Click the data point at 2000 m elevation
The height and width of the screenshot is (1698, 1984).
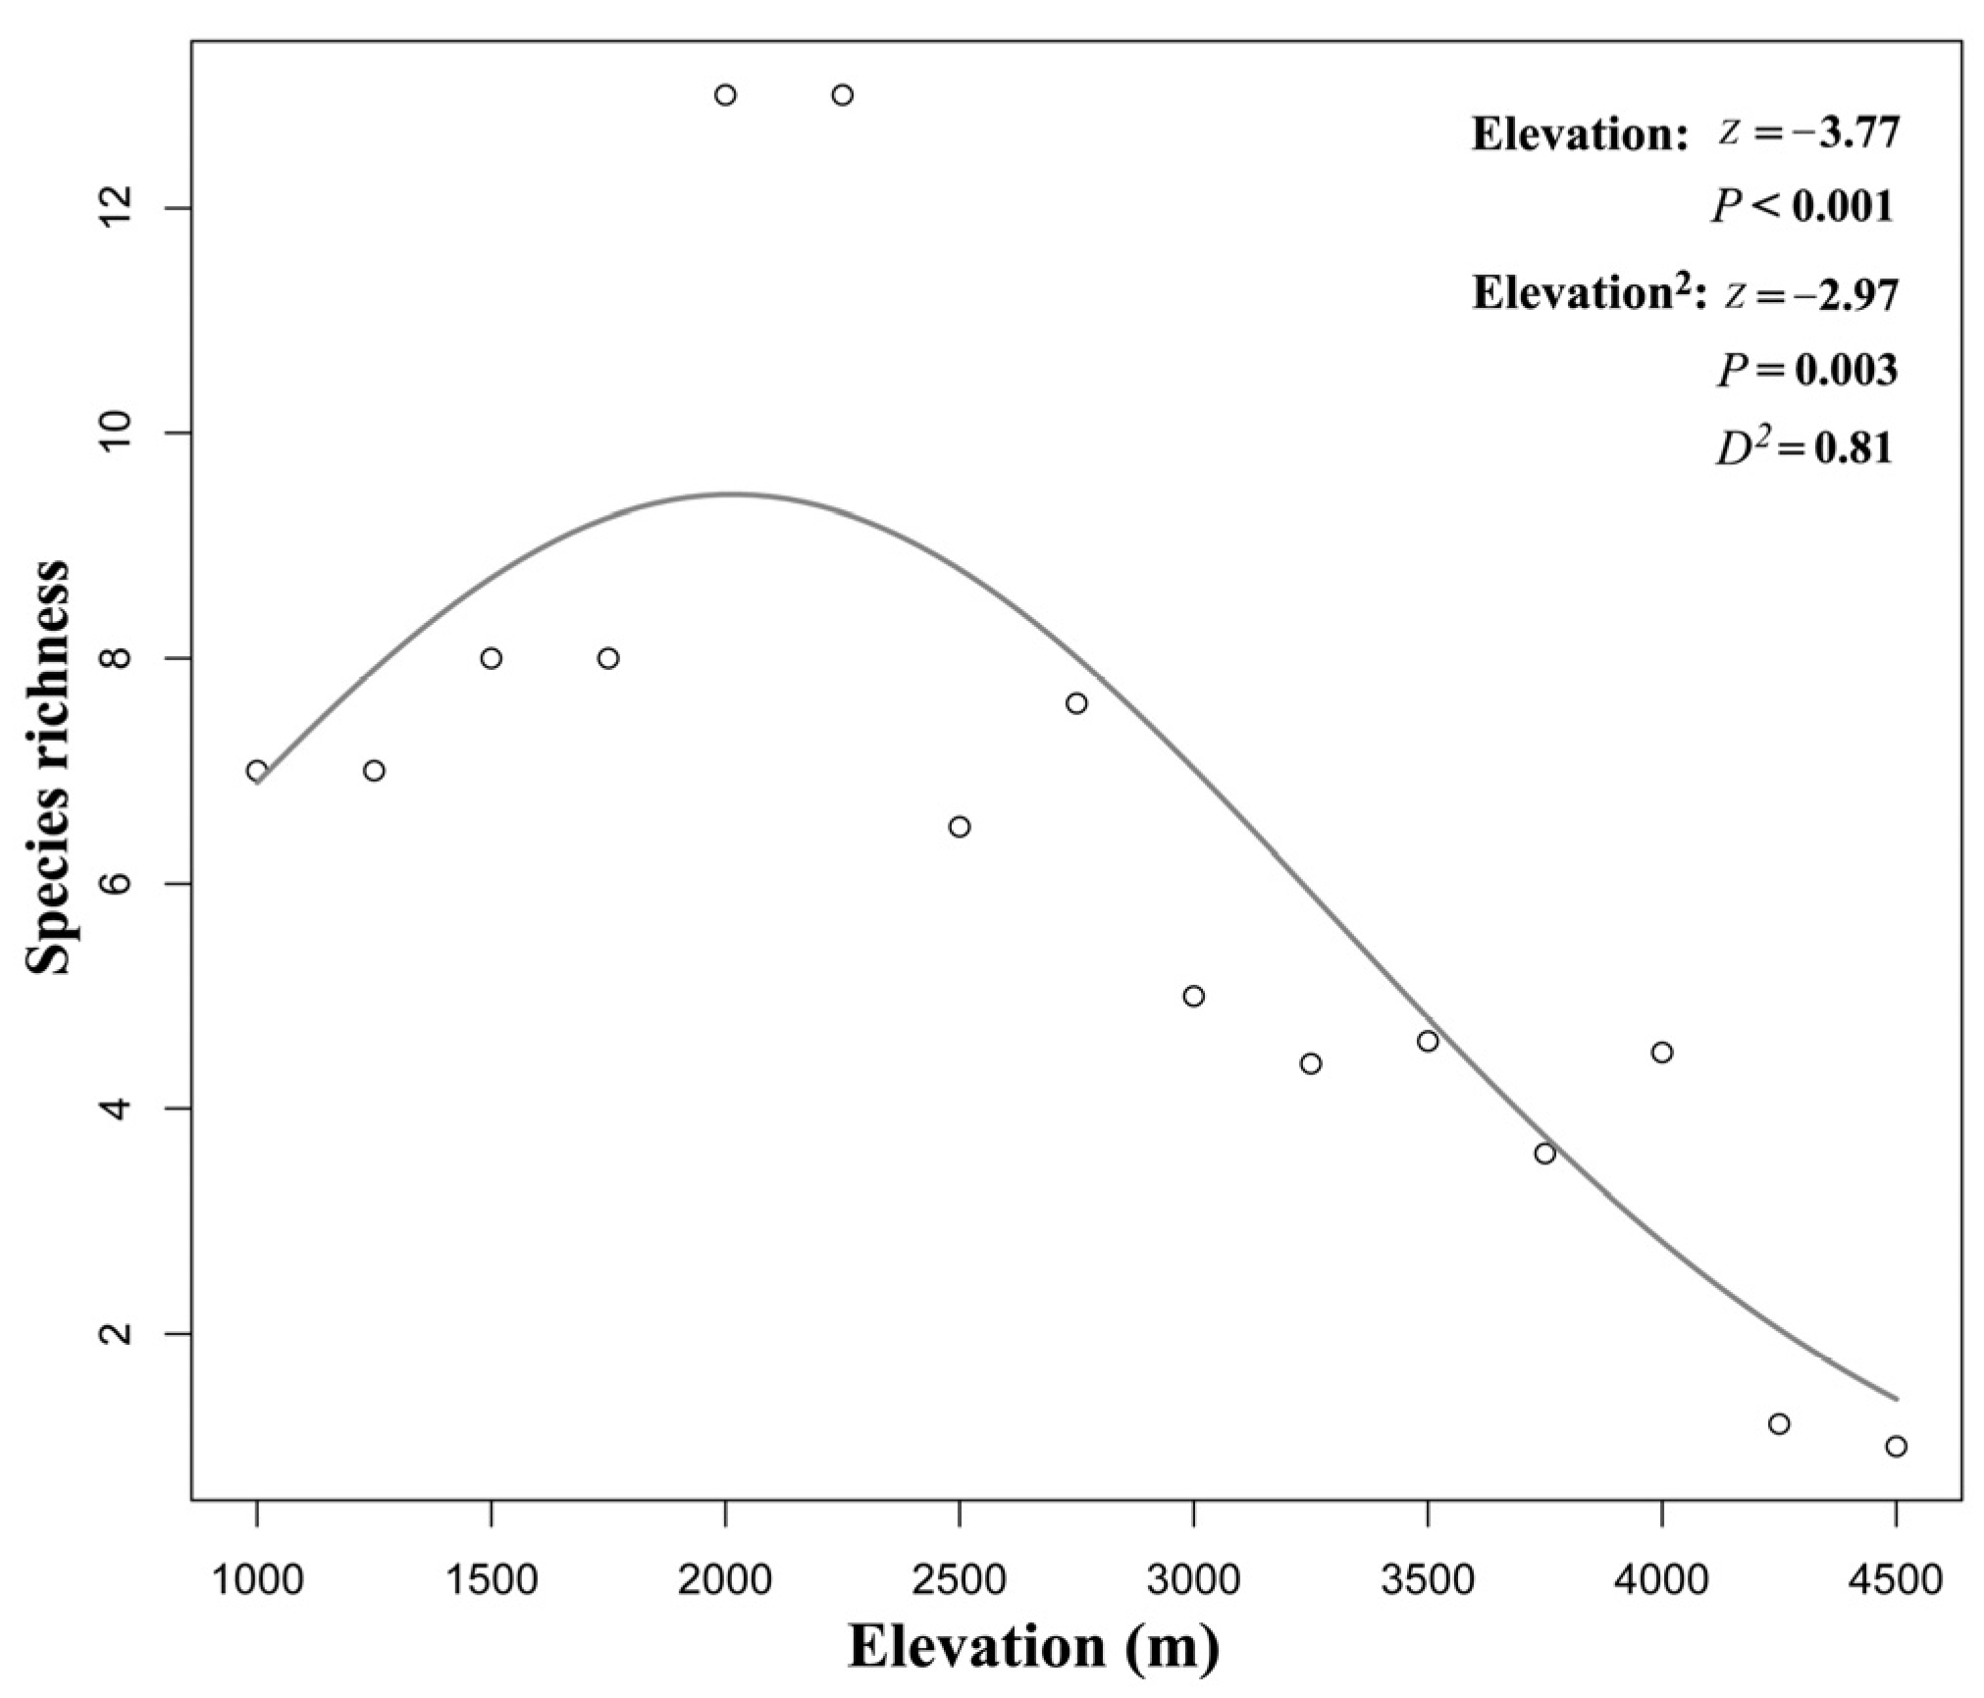coord(725,95)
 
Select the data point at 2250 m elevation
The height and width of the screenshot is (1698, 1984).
coord(842,95)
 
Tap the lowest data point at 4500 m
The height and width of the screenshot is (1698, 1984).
coord(1896,1446)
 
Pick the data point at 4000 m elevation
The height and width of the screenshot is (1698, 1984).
coord(1661,1053)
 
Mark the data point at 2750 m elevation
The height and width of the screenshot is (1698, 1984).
coord(1076,703)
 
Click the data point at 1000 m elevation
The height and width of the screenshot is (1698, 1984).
coord(257,770)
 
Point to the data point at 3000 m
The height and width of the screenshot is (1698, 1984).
coord(1193,996)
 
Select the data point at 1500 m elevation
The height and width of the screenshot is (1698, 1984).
coord(492,657)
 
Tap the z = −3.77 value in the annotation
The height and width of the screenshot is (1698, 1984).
coord(1808,132)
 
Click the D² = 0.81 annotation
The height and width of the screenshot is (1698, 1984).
coord(1802,447)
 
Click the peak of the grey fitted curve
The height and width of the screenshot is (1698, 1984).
coord(731,493)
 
